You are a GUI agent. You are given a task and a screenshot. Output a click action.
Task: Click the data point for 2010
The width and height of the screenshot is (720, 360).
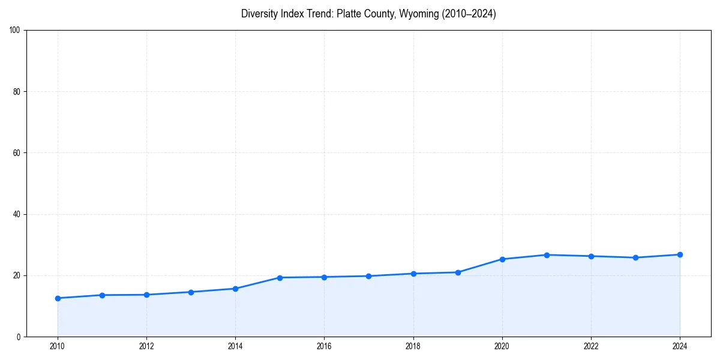pyautogui.click(x=58, y=298)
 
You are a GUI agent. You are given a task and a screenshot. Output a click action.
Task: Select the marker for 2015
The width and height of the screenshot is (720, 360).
pyautogui.click(x=280, y=278)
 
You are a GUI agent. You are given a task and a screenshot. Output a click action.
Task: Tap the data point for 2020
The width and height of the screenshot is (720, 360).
pyautogui.click(x=502, y=259)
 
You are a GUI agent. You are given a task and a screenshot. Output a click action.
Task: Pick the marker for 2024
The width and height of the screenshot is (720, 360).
pyautogui.click(x=680, y=254)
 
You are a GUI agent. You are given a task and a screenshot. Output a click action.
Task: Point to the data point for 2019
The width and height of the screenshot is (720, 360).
pyautogui.click(x=458, y=272)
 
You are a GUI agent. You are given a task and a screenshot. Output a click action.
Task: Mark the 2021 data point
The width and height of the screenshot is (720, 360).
pyautogui.click(x=547, y=255)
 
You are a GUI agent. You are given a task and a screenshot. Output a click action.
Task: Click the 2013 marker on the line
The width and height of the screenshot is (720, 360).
pyautogui.click(x=191, y=292)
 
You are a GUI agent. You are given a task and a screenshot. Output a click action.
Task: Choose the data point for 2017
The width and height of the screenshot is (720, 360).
pyautogui.click(x=368, y=276)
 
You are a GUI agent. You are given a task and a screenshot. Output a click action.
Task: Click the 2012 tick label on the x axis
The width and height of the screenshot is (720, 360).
pyautogui.click(x=146, y=346)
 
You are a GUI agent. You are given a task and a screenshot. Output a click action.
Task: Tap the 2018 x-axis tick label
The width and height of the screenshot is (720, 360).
pyautogui.click(x=413, y=346)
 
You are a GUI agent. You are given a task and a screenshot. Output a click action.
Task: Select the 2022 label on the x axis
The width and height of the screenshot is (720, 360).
pyautogui.click(x=591, y=346)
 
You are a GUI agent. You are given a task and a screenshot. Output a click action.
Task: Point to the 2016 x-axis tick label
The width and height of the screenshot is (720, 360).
pyautogui.click(x=324, y=346)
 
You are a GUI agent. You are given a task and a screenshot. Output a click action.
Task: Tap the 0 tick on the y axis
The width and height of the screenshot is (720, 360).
pyautogui.click(x=19, y=337)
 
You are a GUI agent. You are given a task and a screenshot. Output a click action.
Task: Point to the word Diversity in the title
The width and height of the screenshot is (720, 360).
pyautogui.click(x=260, y=14)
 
